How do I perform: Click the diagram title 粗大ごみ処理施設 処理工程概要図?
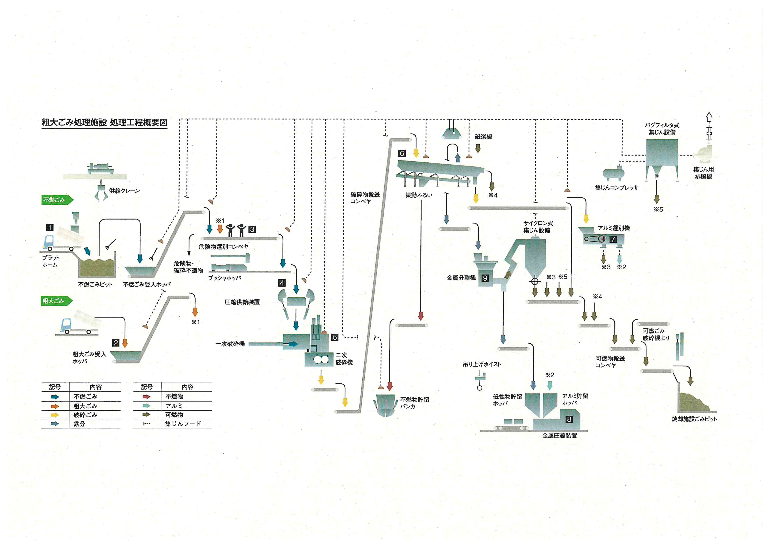click(105, 122)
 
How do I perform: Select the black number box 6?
click(402, 154)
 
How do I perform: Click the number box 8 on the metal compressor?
click(569, 419)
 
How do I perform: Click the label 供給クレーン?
click(124, 191)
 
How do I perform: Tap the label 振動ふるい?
click(419, 195)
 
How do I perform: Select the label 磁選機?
click(483, 137)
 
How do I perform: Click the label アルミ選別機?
click(614, 228)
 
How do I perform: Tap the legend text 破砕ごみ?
click(85, 415)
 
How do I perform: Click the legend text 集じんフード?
click(183, 424)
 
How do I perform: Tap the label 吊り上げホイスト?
click(482, 364)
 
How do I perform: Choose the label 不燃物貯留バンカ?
click(415, 403)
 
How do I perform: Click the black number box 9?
click(485, 278)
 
